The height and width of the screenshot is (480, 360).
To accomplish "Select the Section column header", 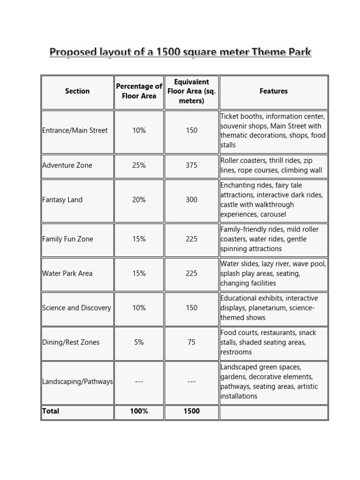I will (77, 91).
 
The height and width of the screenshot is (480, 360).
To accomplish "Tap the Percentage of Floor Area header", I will (139, 91).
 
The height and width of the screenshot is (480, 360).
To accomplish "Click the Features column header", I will (273, 91).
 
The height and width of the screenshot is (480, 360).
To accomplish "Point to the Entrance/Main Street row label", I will (75, 130).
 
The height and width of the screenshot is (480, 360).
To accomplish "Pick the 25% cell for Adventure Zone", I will (139, 165).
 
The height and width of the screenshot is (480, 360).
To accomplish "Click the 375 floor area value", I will (191, 165).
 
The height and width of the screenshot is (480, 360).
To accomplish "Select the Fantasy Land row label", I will (62, 200).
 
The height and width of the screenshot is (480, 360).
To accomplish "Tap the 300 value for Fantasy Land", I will (191, 200).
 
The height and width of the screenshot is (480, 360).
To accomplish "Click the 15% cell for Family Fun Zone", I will (139, 239).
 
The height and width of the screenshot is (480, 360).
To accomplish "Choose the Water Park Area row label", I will (67, 273).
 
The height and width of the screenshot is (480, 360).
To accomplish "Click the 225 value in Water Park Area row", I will (191, 273).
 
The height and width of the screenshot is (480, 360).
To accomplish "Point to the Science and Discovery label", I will (76, 308).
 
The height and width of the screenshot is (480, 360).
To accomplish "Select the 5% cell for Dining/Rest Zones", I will (139, 342).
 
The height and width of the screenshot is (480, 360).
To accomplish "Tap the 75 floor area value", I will (191, 342).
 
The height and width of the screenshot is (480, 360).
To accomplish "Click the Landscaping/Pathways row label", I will (77, 382).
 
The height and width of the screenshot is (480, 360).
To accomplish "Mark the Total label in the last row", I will (51, 411).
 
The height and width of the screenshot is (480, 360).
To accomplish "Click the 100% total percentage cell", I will (139, 411).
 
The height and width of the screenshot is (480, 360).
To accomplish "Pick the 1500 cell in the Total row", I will (191, 411).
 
